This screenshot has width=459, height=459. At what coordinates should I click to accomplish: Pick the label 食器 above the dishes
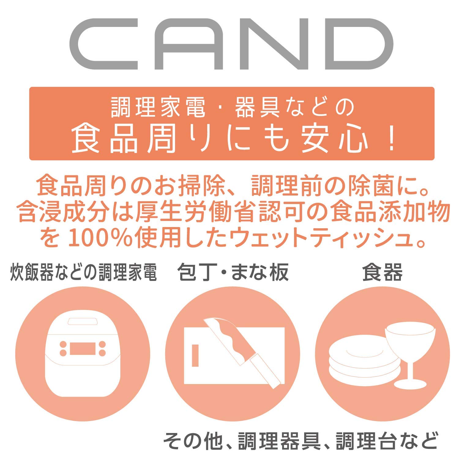(382, 272)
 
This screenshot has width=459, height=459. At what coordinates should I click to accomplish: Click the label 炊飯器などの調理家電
(84, 272)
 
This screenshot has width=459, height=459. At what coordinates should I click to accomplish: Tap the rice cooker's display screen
(83, 348)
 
